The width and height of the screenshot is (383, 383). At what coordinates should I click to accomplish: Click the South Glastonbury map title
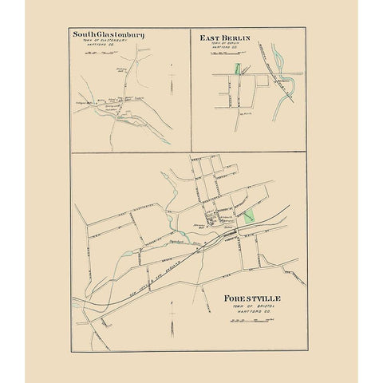(108, 35)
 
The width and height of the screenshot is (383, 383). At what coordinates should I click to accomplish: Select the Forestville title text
(253, 299)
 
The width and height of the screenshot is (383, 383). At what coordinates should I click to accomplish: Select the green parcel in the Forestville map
(250, 215)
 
